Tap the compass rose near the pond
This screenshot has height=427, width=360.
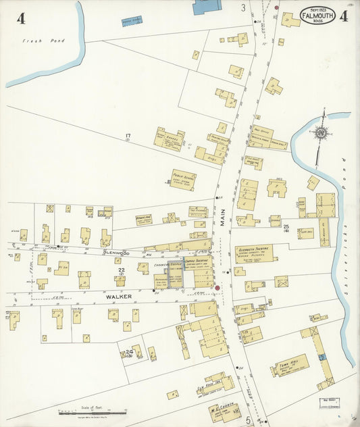pyautogui.click(x=321, y=132)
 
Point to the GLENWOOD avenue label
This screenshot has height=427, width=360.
pyautogui.click(x=116, y=253)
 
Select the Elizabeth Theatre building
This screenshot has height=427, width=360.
pyautogui.click(x=253, y=253)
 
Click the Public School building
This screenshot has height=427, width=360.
pyautogui.click(x=182, y=180)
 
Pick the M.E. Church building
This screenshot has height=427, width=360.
pyautogui.click(x=222, y=413)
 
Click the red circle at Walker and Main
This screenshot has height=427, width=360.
pyautogui.click(x=217, y=288)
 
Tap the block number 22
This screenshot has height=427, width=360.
pyautogui.click(x=122, y=272)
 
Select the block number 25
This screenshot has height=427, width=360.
pyautogui.click(x=286, y=226)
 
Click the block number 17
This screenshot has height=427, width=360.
pyautogui.click(x=127, y=136)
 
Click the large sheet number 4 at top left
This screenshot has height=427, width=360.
pyautogui.click(x=21, y=18)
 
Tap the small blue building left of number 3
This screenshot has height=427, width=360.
pyautogui.click(x=132, y=22)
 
